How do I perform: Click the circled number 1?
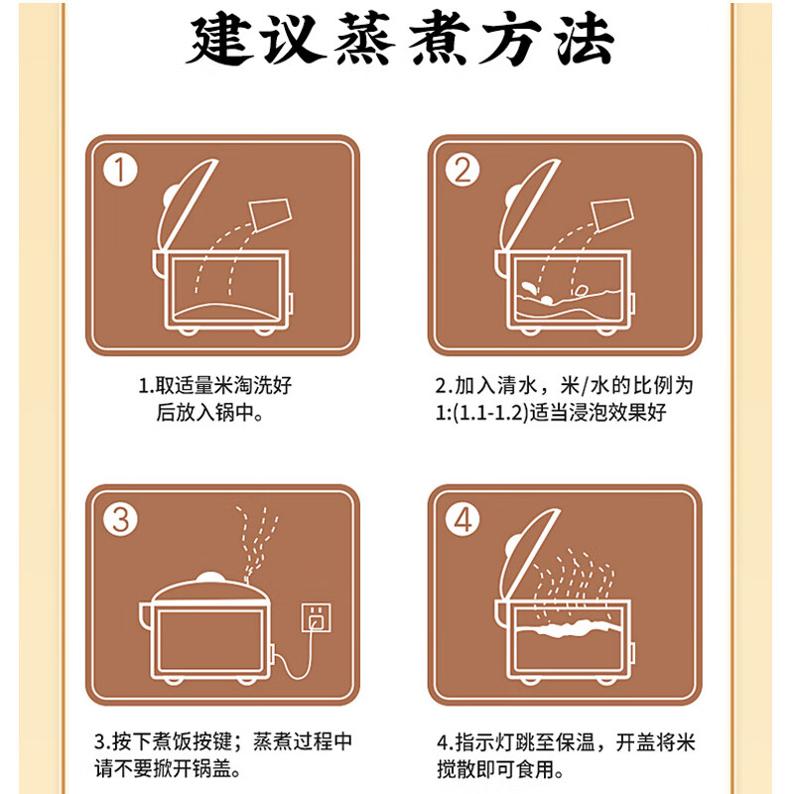(x=120, y=170)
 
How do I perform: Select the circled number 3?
(x=120, y=519)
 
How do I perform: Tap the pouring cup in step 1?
(x=269, y=211)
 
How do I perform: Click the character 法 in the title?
(x=584, y=42)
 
